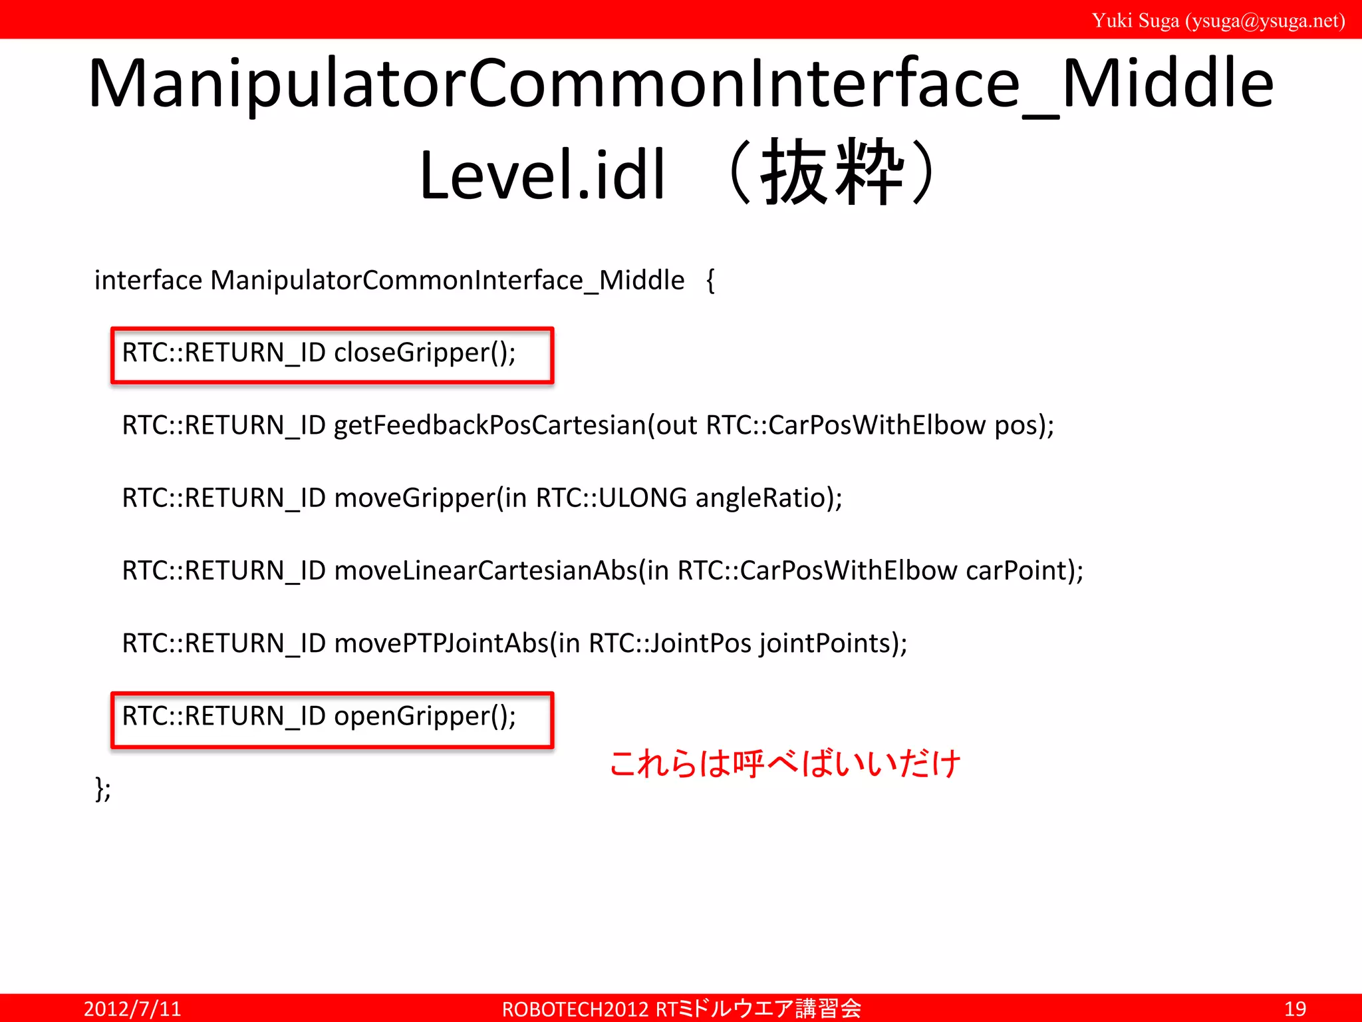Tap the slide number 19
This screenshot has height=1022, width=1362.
(x=1295, y=1009)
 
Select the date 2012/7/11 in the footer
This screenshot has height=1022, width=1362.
(x=132, y=1009)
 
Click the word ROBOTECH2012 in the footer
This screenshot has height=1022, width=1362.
(x=575, y=1009)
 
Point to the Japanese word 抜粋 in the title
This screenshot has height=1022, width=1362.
(x=832, y=173)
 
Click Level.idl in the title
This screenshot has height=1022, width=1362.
(x=542, y=175)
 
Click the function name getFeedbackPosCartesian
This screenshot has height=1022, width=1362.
(x=489, y=425)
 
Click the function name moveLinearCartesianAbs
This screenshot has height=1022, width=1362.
(x=485, y=571)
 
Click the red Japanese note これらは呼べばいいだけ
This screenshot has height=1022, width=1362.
(x=785, y=763)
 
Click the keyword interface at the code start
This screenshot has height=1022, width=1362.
(x=148, y=280)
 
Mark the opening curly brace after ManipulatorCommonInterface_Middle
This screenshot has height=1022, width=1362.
(x=710, y=281)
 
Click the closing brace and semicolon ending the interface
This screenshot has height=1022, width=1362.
(x=103, y=789)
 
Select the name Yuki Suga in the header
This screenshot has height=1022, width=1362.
(x=1135, y=21)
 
